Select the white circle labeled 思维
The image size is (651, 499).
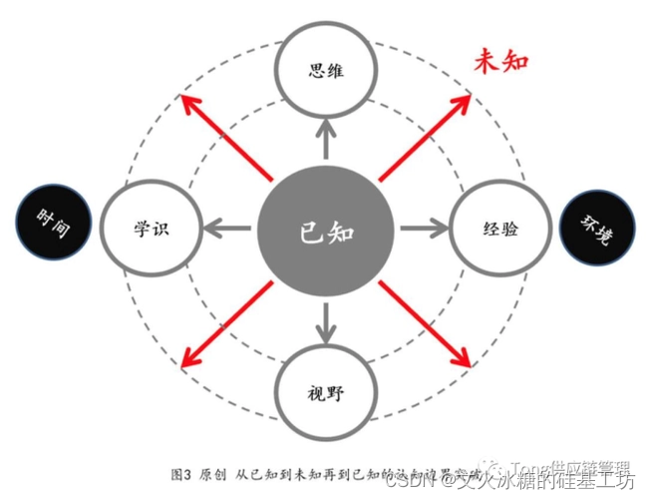click(x=326, y=71)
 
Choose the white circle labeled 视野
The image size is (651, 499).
click(x=326, y=392)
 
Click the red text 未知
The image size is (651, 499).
click(x=499, y=61)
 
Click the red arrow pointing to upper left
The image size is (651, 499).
click(x=228, y=140)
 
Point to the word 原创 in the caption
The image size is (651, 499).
click(x=214, y=470)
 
